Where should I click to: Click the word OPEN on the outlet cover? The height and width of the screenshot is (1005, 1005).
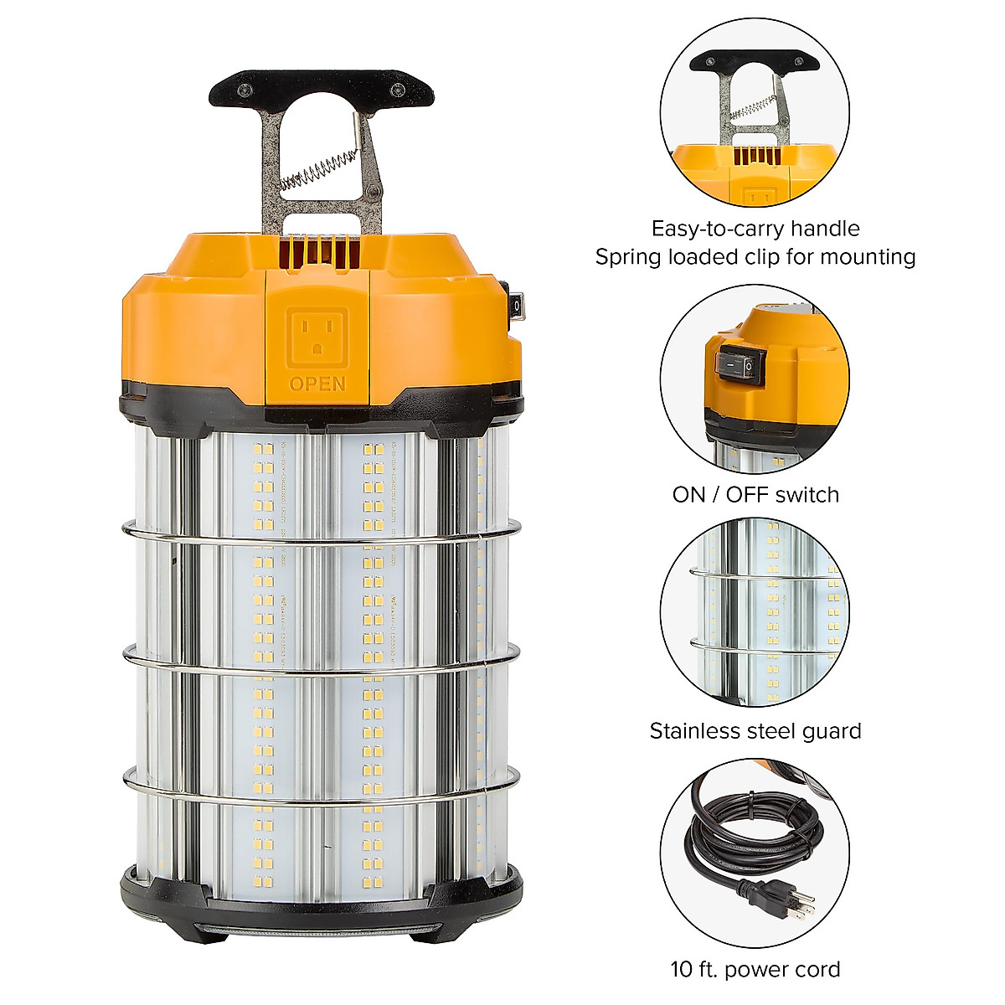317,384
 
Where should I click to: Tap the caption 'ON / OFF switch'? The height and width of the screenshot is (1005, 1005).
755,495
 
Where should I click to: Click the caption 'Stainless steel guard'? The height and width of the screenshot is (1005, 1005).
755,731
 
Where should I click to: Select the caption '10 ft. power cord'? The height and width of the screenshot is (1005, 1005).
755,970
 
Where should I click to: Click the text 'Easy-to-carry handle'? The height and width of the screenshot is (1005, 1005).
755,229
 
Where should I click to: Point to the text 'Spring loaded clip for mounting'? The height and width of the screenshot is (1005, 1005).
755,256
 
